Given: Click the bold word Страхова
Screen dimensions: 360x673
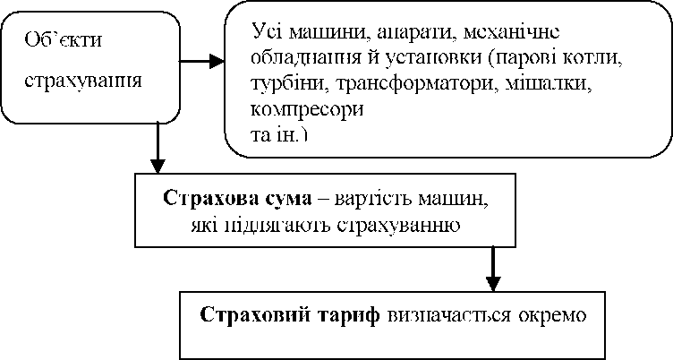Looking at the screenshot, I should point(205,197).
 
